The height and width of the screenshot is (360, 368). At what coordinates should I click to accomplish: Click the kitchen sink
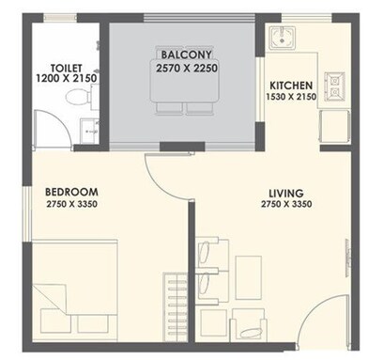[281, 39]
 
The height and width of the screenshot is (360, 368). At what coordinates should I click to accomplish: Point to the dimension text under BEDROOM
[72, 204]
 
